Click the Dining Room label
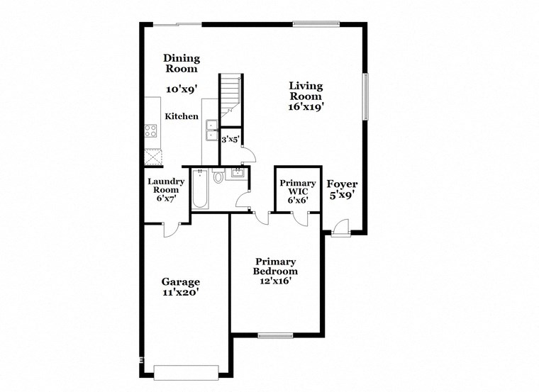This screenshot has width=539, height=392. [x=182, y=64]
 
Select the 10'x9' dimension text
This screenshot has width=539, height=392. [x=182, y=90]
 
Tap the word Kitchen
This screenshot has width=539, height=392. [x=182, y=116]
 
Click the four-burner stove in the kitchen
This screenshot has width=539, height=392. [x=151, y=130]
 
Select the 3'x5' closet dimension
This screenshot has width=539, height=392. [x=230, y=140]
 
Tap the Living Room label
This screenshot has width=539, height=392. [x=306, y=91]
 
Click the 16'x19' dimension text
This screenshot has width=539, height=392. [x=306, y=107]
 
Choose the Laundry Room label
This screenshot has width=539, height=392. [x=166, y=186]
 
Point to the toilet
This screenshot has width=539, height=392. [x=218, y=175]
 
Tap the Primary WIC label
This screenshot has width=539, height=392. [x=297, y=188]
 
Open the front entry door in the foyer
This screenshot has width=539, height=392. [x=340, y=228]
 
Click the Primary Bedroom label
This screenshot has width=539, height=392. [x=276, y=267]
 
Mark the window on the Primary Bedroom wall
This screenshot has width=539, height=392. [x=275, y=335]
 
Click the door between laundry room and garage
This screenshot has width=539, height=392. [x=171, y=229]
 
